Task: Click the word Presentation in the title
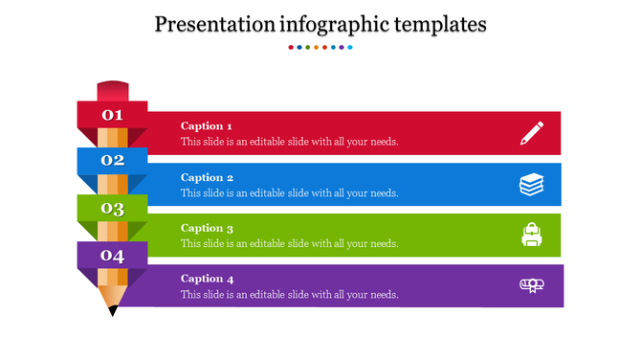tap(216, 24)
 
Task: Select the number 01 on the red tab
tap(113, 116)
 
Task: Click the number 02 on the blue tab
tap(113, 161)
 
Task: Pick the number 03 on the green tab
tap(113, 209)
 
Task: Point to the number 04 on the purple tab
tap(113, 256)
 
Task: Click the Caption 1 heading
tap(207, 126)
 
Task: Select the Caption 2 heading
tap(207, 177)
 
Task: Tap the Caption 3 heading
tap(207, 228)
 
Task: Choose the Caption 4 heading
tap(207, 279)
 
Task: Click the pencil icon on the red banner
tap(532, 133)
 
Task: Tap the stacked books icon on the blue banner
tap(532, 184)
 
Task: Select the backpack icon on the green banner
tap(532, 235)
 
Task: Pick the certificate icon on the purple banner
tap(532, 284)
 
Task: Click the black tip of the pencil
tap(113, 310)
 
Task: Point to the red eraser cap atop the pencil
tap(113, 91)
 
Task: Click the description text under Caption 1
tap(289, 142)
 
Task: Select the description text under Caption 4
tap(289, 294)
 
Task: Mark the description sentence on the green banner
tap(289, 243)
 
